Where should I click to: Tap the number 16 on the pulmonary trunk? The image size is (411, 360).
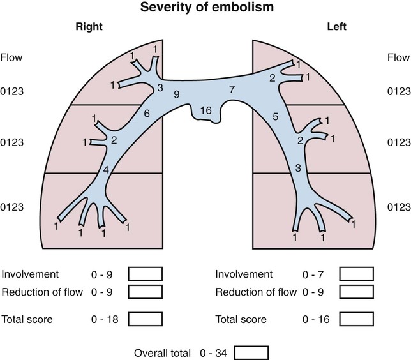tap(205, 110)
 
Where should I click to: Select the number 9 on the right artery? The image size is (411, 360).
tap(176, 94)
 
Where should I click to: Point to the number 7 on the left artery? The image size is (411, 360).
tap(232, 87)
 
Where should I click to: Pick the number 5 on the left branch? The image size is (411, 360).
tap(276, 117)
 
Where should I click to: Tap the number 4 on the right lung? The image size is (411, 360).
tap(107, 169)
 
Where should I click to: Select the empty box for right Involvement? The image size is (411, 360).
tap(146, 274)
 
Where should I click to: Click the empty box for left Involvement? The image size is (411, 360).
tap(355, 274)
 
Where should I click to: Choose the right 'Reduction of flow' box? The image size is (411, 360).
tap(146, 292)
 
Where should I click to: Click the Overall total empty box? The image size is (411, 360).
tap(251, 352)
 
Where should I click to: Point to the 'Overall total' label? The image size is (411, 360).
tap(161, 352)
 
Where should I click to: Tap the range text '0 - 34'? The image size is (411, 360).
tap(215, 352)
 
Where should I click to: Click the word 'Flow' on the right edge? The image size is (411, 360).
tap(398, 58)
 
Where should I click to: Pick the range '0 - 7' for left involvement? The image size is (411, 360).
tap(314, 274)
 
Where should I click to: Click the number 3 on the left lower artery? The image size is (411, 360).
tap(297, 168)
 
